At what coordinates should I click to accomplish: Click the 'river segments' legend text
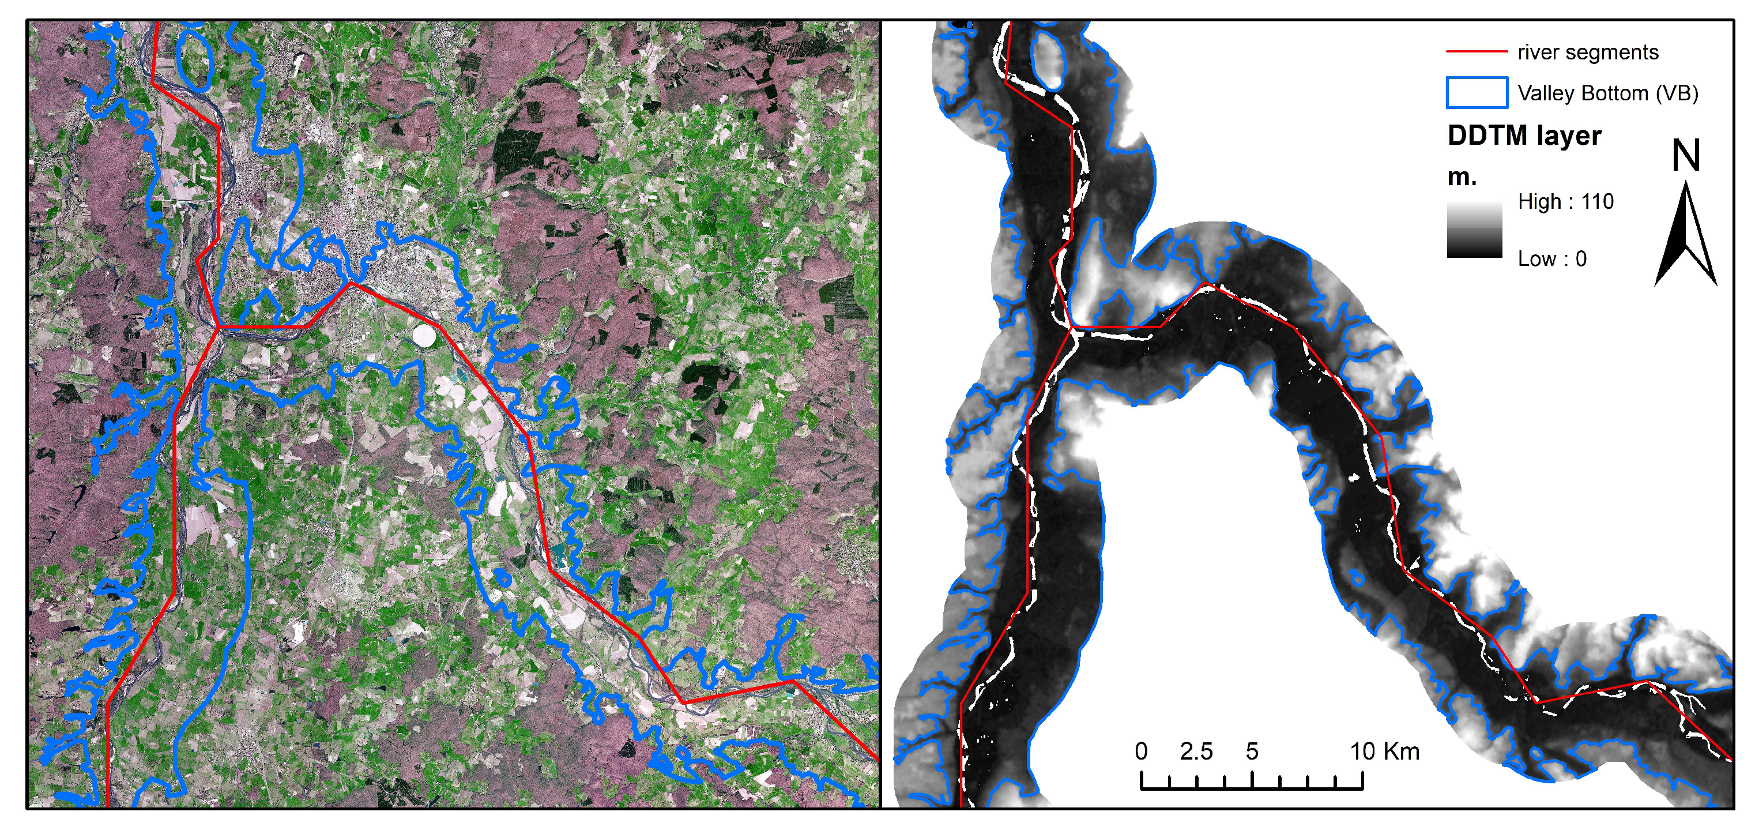(1587, 52)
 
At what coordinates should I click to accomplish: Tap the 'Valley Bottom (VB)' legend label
(1608, 93)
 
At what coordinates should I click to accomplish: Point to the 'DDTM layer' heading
(1524, 135)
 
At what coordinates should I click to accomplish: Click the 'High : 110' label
(1565, 202)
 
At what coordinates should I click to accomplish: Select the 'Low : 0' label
(1552, 259)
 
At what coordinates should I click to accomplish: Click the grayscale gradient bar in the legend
(1474, 230)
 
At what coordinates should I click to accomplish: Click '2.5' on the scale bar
(1196, 752)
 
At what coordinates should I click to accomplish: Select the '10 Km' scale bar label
(1384, 752)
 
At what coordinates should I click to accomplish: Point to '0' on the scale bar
(1141, 752)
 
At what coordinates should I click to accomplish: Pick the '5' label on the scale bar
(1252, 752)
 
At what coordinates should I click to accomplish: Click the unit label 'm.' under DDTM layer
(1462, 177)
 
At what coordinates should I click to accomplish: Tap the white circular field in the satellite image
(424, 335)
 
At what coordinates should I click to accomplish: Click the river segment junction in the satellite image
(218, 328)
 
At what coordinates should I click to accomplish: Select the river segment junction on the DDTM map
(1072, 328)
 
